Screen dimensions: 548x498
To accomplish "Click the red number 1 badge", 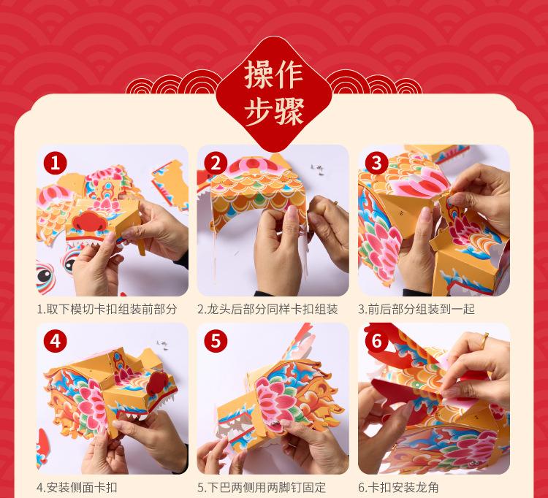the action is click(56, 162).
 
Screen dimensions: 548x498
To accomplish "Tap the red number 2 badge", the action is click(216, 162).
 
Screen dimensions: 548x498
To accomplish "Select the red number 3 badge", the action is click(376, 162).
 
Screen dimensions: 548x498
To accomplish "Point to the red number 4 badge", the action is click(56, 341).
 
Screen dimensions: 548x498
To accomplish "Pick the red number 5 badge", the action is click(216, 341).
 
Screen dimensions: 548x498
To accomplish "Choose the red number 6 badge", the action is click(376, 341).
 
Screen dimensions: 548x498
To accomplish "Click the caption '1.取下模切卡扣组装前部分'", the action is click(107, 309).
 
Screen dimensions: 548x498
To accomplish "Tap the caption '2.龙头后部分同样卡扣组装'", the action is click(267, 309).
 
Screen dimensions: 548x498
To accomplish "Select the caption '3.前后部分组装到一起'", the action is click(416, 309).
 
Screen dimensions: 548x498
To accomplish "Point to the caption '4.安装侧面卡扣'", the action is click(77, 487).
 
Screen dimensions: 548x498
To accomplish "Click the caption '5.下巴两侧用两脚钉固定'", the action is click(262, 487).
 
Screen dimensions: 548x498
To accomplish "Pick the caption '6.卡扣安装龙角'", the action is click(398, 487).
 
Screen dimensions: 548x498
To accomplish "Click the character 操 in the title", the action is click(258, 74).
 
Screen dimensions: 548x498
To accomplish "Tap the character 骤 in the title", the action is click(289, 111).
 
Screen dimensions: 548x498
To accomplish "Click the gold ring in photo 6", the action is click(484, 340).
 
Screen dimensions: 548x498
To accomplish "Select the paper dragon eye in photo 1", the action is click(45, 275).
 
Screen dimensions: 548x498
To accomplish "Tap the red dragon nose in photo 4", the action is click(158, 383).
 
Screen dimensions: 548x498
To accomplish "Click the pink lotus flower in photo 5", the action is click(276, 402).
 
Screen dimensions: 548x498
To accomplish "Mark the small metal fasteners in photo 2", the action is click(317, 169).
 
